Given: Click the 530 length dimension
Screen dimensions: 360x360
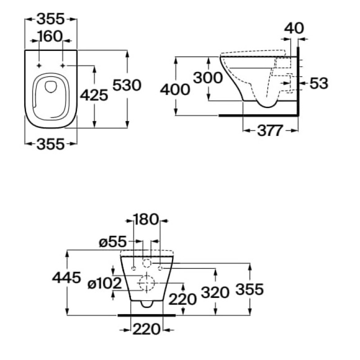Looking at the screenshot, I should (127, 85).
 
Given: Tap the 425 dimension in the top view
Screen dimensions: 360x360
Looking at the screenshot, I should (94, 95).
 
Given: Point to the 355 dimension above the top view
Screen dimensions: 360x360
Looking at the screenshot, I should (50, 19).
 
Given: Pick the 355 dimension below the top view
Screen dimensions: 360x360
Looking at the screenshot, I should (50, 144).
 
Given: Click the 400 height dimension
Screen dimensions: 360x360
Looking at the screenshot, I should (175, 90).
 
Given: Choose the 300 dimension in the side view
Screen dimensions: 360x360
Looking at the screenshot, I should (208, 78).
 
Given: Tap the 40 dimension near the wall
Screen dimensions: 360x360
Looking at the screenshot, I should (294, 28).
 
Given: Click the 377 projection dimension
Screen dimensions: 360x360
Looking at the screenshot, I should (270, 131).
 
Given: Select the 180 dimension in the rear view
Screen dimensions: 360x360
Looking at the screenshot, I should (146, 220).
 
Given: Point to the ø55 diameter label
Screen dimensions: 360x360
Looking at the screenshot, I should (111, 242).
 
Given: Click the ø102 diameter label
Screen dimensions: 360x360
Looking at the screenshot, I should (104, 283).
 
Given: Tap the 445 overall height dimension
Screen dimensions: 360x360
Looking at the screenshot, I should (66, 278).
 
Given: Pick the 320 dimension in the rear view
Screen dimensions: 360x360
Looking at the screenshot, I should (216, 293).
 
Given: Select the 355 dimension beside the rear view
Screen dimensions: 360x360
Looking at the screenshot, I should (250, 289).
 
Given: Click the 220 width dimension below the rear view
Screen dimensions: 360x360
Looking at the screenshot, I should (146, 329).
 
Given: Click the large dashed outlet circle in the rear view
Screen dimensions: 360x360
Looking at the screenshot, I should (146, 283).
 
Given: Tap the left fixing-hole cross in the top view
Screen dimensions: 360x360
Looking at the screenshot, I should (39, 66).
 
